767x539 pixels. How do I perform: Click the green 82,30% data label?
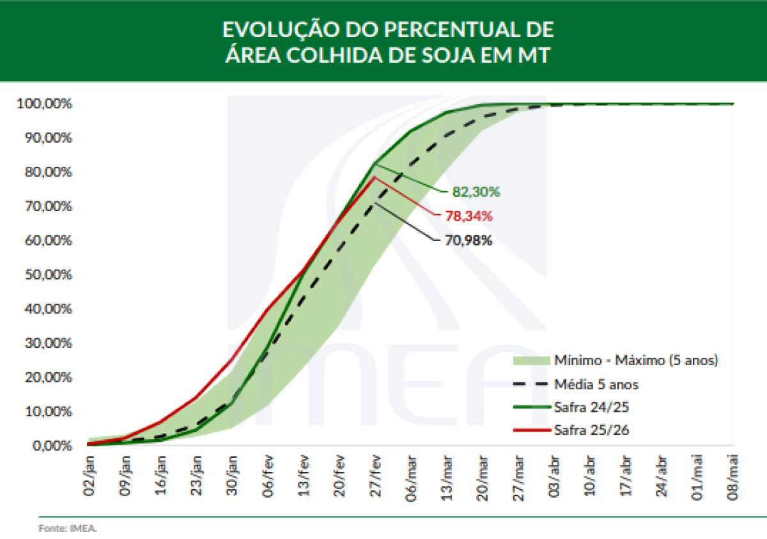476,191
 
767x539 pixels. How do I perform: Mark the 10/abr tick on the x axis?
590,474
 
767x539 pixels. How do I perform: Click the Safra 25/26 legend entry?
592,430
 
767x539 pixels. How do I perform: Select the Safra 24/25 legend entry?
592,407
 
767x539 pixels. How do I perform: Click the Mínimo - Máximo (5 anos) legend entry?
637,361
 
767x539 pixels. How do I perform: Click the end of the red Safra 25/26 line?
375,177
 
